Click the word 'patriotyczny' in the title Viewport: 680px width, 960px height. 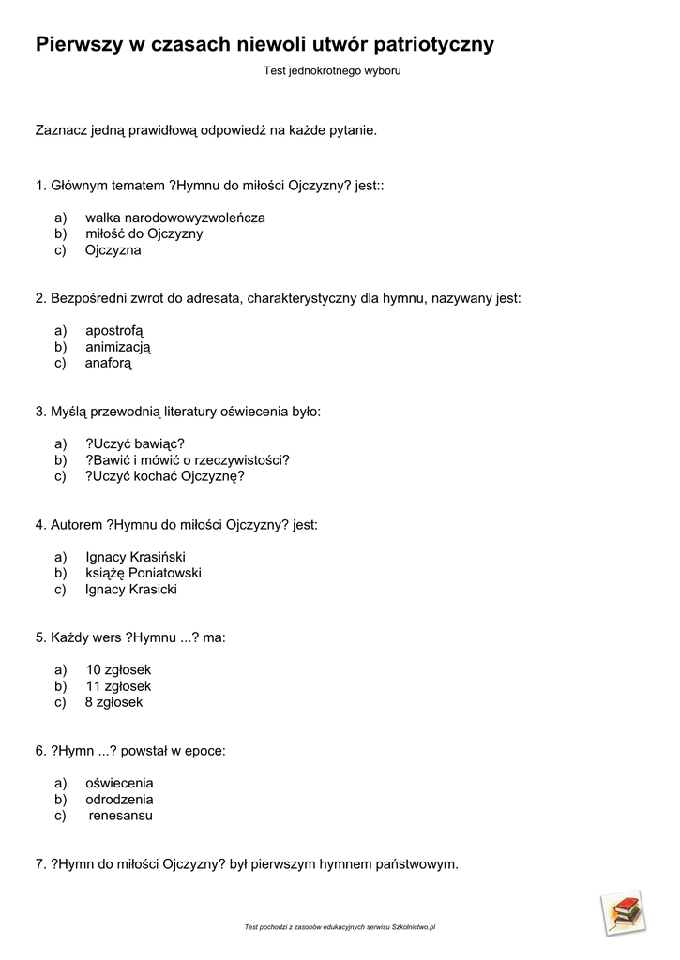pyautogui.click(x=433, y=45)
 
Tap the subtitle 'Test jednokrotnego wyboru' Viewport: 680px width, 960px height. pyautogui.click(x=332, y=70)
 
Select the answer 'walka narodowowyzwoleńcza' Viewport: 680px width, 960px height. pyautogui.click(x=175, y=217)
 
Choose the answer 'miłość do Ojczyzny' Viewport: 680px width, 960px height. pyautogui.click(x=144, y=233)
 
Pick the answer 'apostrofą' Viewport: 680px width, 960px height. pyautogui.click(x=114, y=330)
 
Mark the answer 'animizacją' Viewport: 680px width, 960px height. pyautogui.click(x=118, y=347)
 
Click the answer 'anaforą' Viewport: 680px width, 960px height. pyautogui.click(x=109, y=363)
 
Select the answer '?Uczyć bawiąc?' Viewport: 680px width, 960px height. pyautogui.click(x=135, y=442)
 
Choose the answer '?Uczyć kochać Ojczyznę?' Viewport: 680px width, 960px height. pyautogui.click(x=165, y=475)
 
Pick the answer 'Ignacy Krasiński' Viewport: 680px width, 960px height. pyautogui.click(x=135, y=556)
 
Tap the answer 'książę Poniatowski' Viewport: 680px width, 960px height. pyautogui.click(x=144, y=573)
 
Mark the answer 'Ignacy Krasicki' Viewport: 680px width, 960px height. pyautogui.click(x=131, y=590)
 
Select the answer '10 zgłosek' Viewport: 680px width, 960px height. pyautogui.click(x=118, y=669)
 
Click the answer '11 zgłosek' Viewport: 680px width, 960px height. pyautogui.click(x=118, y=686)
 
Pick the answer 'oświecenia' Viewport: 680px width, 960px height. pyautogui.click(x=119, y=783)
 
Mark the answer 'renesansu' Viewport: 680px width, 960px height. pyautogui.click(x=121, y=816)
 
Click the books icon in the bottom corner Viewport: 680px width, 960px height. pyautogui.click(x=624, y=911)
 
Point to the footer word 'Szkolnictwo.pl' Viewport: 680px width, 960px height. pyautogui.click(x=414, y=927)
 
